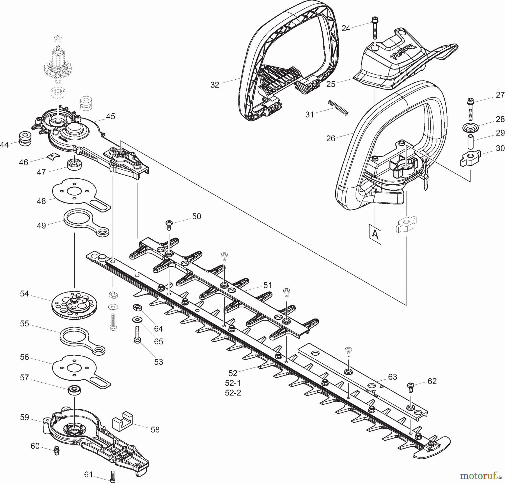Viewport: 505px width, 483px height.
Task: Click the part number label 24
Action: (x=346, y=28)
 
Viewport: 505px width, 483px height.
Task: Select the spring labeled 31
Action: (x=338, y=107)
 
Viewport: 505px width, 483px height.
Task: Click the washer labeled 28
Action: (x=470, y=128)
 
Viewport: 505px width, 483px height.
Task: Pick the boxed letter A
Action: (x=375, y=234)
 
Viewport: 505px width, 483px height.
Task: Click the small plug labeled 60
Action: (x=57, y=450)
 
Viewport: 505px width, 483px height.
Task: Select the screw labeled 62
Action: (x=410, y=388)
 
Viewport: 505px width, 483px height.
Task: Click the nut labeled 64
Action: (x=137, y=307)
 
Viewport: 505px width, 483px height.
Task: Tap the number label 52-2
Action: (x=233, y=393)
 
